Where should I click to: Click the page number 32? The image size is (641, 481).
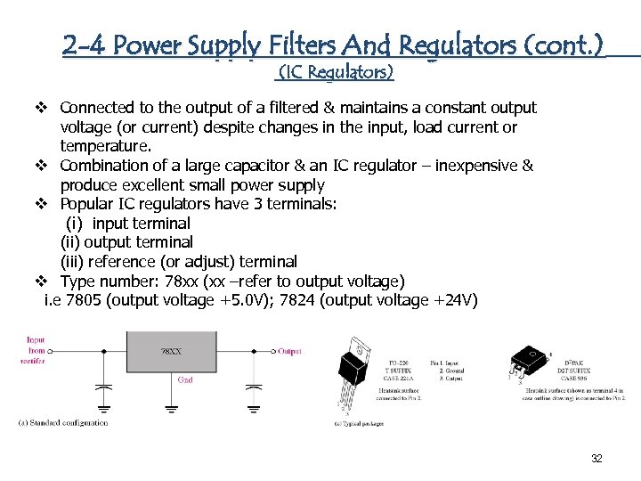(596, 459)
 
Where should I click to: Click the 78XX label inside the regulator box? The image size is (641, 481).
(172, 352)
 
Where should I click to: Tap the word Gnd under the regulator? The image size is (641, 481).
(185, 379)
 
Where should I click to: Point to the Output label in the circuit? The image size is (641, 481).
(289, 351)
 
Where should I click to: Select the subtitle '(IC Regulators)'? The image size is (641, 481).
(336, 70)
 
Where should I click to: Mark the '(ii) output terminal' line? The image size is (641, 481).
(126, 242)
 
